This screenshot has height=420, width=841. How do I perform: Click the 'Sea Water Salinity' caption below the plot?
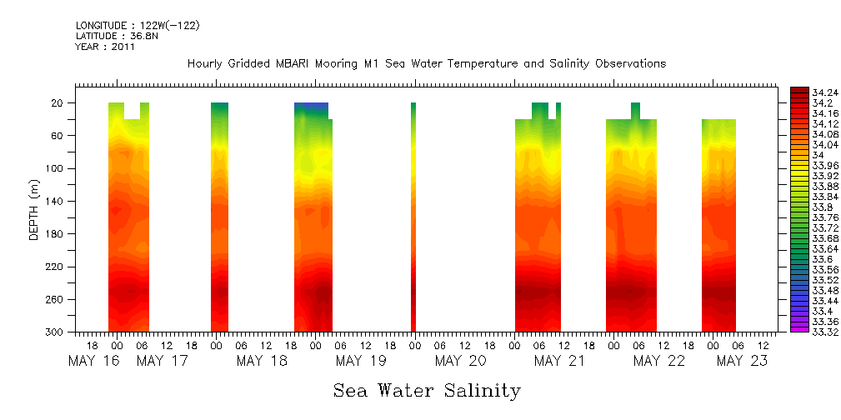(x=427, y=390)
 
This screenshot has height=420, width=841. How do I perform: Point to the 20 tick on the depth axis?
(x=58, y=103)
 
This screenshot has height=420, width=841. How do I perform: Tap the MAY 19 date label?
(x=360, y=361)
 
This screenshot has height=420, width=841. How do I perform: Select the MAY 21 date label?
(x=559, y=361)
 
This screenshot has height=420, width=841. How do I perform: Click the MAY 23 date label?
(x=741, y=361)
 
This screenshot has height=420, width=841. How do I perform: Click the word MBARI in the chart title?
(x=294, y=64)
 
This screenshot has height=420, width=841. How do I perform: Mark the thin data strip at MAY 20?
(x=413, y=217)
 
